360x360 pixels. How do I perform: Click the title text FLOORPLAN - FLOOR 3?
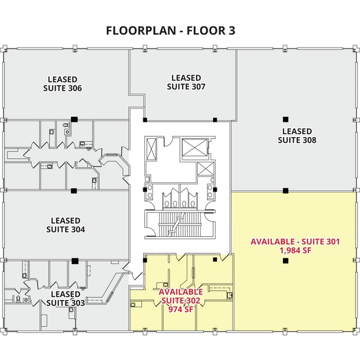point(171,30)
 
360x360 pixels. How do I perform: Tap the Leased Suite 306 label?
point(62,83)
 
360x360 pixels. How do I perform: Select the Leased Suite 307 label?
point(186,82)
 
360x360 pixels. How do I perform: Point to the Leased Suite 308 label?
point(297,135)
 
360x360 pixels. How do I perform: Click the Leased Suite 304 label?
point(66,225)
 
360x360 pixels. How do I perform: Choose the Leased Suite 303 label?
point(66,298)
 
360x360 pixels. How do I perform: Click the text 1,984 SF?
point(295,251)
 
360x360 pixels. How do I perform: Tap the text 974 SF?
point(181,309)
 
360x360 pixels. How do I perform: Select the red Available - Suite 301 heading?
point(295,242)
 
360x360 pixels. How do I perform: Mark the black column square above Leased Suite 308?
point(285,119)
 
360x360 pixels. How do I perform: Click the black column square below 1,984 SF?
point(285,261)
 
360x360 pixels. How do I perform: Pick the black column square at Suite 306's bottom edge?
point(73,119)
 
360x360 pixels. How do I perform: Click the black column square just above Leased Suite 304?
point(73,190)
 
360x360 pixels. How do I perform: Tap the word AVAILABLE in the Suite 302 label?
point(181,292)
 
